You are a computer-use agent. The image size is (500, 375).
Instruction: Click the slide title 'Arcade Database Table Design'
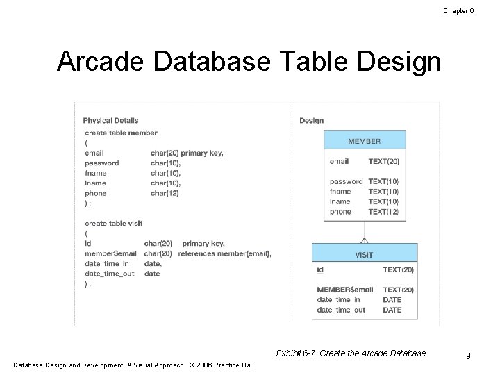point(249,62)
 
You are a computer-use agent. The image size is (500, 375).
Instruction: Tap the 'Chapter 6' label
point(458,10)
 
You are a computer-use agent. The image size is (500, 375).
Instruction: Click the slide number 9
point(469,356)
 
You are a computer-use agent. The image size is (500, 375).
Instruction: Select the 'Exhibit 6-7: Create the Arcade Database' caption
point(351,353)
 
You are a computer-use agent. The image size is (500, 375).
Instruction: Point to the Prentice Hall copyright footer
point(133,365)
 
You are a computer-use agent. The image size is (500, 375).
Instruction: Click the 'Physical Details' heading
point(110,120)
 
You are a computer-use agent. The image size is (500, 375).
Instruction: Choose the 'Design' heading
point(311,120)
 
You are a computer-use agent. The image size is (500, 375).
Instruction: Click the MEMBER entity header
point(365,141)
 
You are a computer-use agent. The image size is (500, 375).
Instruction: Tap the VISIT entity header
point(364,255)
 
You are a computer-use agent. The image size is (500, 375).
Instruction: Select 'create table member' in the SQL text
point(121,133)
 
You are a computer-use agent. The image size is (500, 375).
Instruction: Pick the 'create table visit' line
point(113,223)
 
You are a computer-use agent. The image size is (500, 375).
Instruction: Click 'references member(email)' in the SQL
point(224,253)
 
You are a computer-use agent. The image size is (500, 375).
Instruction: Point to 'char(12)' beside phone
point(165,193)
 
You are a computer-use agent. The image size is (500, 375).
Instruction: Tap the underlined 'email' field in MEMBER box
point(339,161)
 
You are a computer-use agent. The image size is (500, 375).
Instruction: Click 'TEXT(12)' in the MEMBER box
point(383,212)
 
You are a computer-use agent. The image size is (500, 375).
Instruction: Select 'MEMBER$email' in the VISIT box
point(344,290)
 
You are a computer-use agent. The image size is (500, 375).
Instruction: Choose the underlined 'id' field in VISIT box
point(319,269)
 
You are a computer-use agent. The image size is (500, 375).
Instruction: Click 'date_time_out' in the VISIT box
point(340,310)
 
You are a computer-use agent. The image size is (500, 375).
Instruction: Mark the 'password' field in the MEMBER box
point(346,181)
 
